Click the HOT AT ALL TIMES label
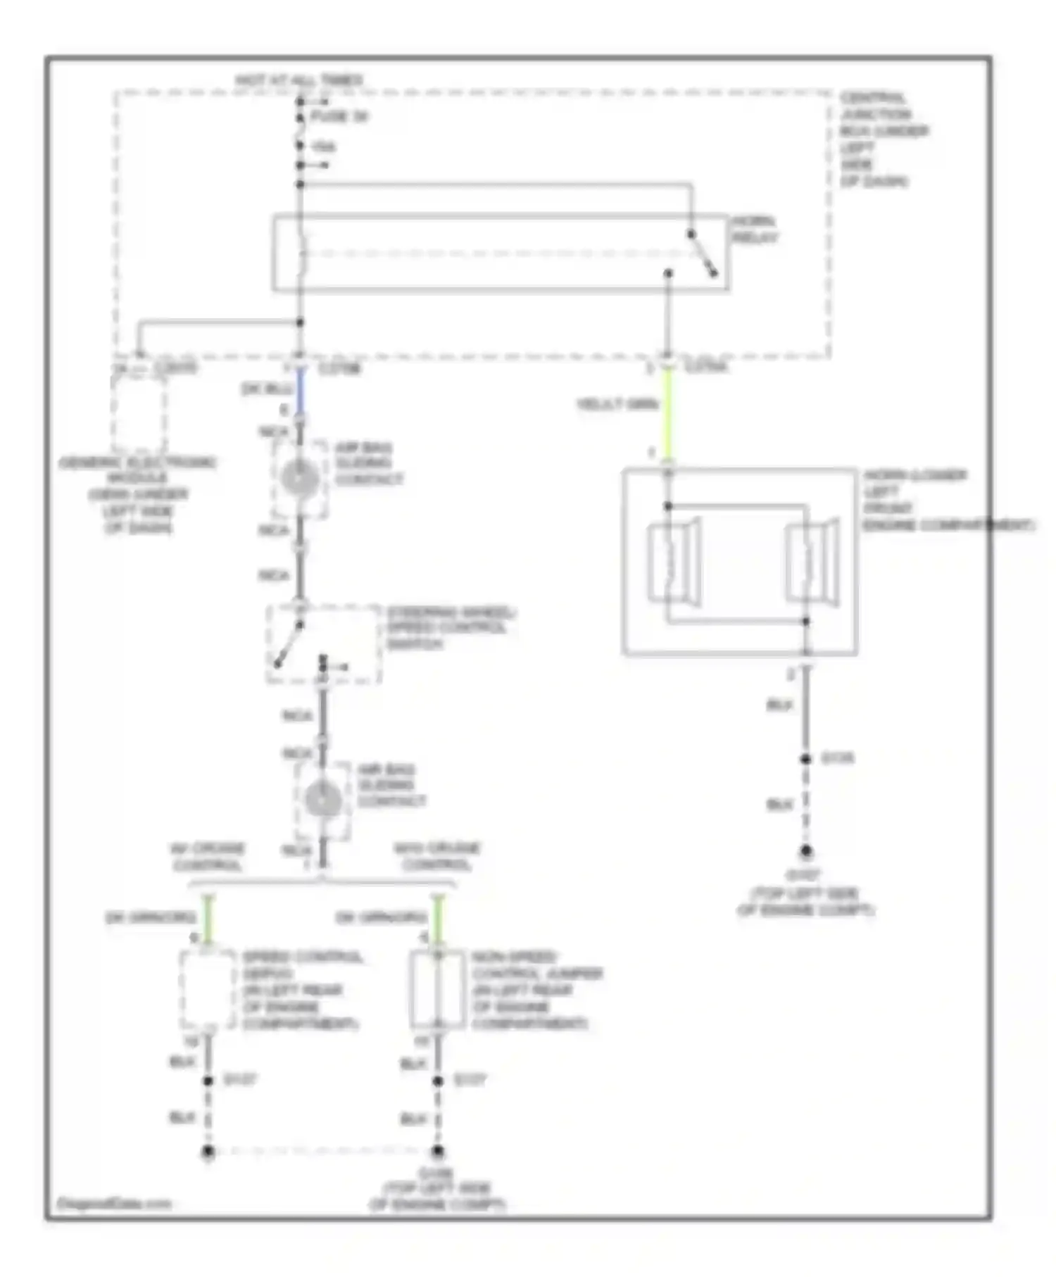[x=299, y=81]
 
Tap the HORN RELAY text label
[x=754, y=229]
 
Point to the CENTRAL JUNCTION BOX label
[x=884, y=139]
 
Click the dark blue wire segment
[x=300, y=391]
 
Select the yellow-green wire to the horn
[x=667, y=415]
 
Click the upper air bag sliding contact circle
[x=300, y=479]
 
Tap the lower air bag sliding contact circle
[x=323, y=800]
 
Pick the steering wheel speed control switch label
[x=451, y=628]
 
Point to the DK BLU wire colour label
[x=267, y=389]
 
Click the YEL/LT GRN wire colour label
[x=617, y=404]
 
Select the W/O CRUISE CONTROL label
[x=436, y=856]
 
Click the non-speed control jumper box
[x=437, y=989]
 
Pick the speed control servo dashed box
[x=208, y=989]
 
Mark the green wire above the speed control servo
[x=208, y=919]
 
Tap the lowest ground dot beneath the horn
[x=806, y=851]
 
